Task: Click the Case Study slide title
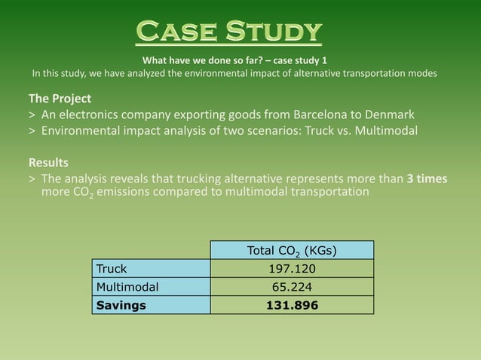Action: tap(228, 32)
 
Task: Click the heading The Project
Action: tap(60, 99)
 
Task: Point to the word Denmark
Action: tap(384, 114)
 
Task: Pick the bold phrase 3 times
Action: tap(427, 178)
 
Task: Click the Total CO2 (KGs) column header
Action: tap(292, 251)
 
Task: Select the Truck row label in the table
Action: tap(112, 269)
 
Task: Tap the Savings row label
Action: tap(121, 305)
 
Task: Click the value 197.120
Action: tap(292, 269)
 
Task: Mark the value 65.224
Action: tap(292, 287)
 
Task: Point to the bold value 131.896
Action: tap(292, 305)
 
